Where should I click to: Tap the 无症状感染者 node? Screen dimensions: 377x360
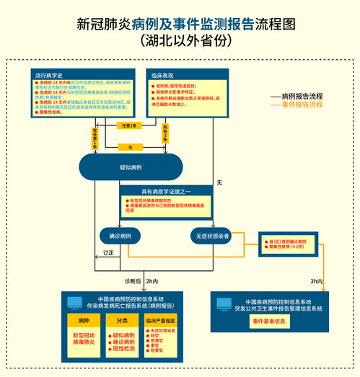[x=211, y=236]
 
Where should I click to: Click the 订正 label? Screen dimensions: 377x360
[x=108, y=253]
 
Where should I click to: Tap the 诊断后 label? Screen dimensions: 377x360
[x=132, y=281]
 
